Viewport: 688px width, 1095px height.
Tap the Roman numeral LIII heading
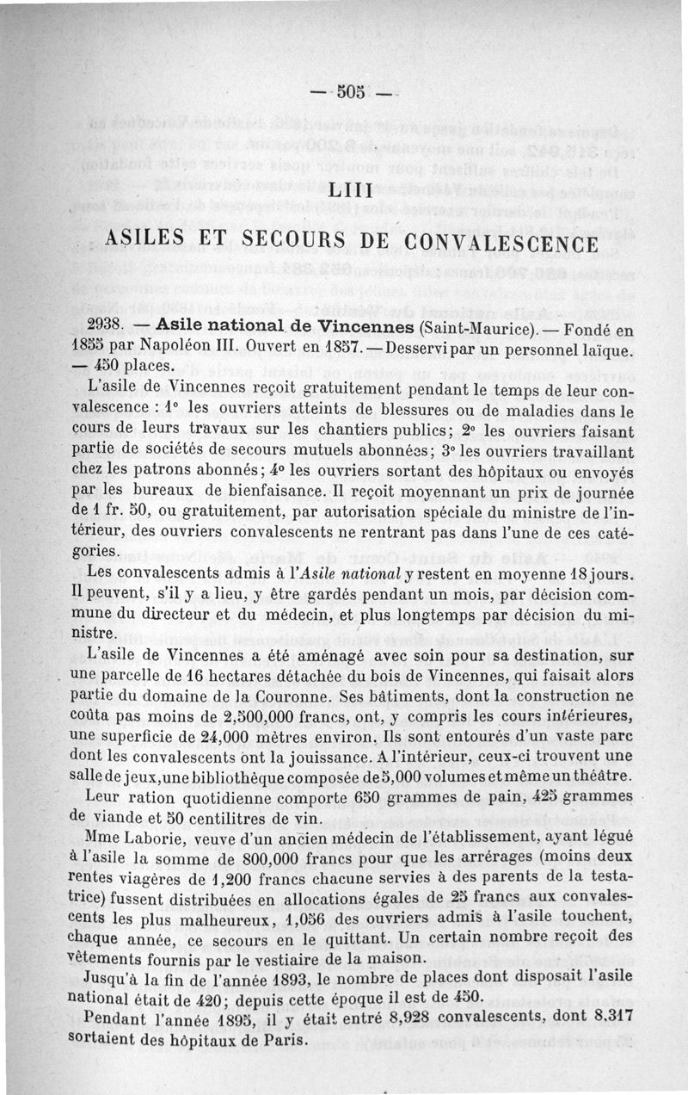pos(353,188)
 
